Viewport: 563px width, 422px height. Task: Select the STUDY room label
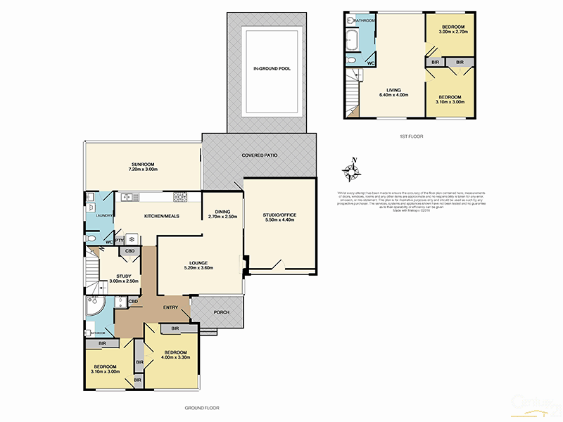coord(124,276)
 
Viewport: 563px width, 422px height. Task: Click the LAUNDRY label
coord(96,216)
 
